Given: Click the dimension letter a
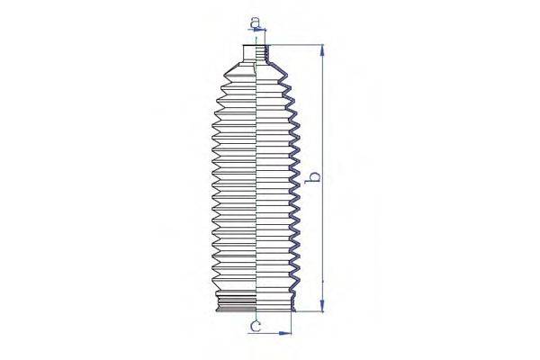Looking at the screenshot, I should tap(255, 21).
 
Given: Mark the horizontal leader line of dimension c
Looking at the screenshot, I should tap(270, 333).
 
